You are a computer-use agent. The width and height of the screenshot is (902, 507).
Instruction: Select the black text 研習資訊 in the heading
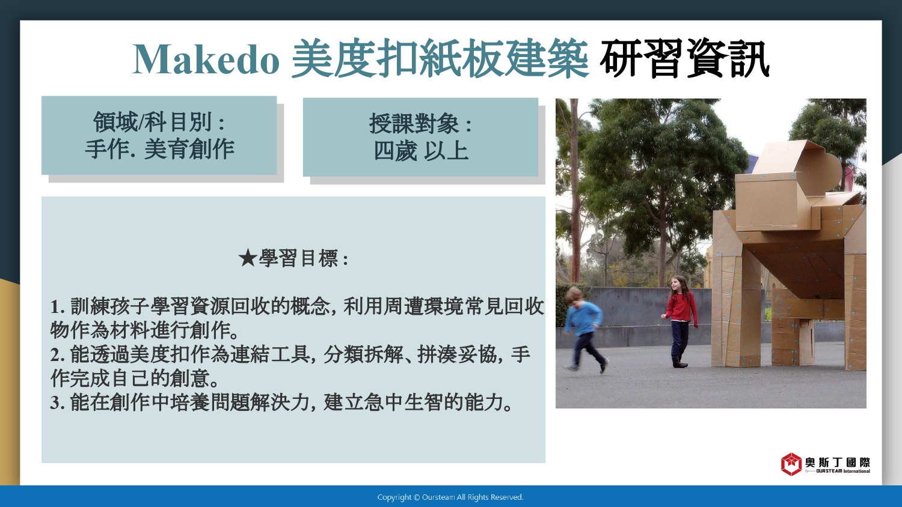click(x=684, y=59)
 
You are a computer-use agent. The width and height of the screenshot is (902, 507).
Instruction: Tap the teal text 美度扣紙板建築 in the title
click(x=440, y=59)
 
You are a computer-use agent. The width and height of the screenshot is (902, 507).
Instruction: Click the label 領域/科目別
click(x=152, y=121)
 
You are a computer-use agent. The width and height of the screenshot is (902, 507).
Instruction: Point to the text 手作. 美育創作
click(x=159, y=149)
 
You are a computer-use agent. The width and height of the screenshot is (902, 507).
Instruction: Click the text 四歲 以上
click(x=421, y=151)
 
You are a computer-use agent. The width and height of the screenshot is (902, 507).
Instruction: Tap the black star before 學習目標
click(x=247, y=258)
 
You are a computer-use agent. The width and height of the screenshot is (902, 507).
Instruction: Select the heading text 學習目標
click(x=298, y=258)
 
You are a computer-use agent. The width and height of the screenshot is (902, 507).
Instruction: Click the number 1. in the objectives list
click(x=58, y=307)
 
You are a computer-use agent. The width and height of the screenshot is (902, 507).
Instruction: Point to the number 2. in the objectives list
click(x=58, y=355)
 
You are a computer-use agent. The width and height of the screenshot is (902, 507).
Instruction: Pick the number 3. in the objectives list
click(x=58, y=403)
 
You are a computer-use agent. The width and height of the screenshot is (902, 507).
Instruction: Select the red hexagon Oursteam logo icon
click(x=791, y=464)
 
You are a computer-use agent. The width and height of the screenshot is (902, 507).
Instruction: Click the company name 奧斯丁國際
click(x=838, y=463)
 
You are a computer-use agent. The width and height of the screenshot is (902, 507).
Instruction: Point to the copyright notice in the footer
click(x=450, y=497)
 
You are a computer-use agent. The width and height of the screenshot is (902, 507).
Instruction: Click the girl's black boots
click(x=679, y=362)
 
